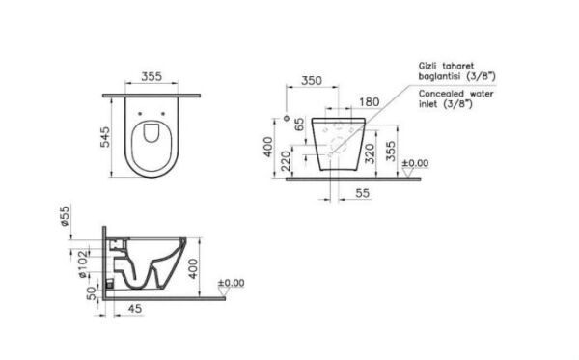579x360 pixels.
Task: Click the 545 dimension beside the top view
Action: pyautogui.click(x=105, y=137)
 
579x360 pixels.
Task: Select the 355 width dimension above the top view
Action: pyautogui.click(x=152, y=76)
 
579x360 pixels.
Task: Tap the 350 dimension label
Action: pyautogui.click(x=312, y=80)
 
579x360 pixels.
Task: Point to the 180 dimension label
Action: pyautogui.click(x=370, y=102)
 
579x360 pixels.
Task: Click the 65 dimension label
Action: pyautogui.click(x=299, y=125)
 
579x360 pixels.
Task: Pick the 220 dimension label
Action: pyautogui.click(x=287, y=161)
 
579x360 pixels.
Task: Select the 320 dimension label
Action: pyautogui.click(x=370, y=153)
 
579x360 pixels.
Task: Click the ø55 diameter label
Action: pyautogui.click(x=65, y=216)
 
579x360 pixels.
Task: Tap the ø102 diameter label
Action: pyautogui.click(x=83, y=264)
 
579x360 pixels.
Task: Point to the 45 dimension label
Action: pyautogui.click(x=134, y=309)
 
